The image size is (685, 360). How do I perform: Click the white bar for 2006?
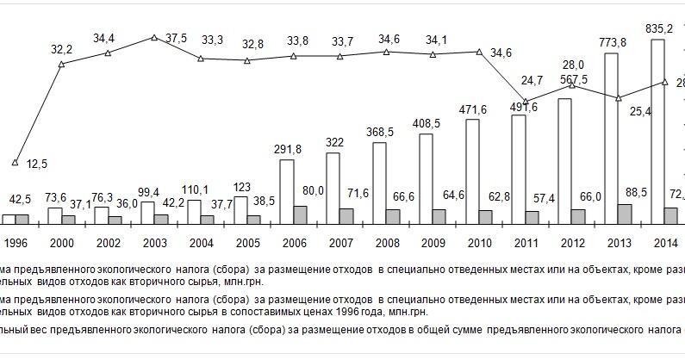[x=287, y=192]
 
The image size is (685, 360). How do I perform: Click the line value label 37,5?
[x=177, y=38]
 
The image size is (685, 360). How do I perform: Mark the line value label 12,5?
[x=35, y=164]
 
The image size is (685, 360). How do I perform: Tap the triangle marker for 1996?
[x=15, y=161]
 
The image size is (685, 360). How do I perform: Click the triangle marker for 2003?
[x=153, y=38]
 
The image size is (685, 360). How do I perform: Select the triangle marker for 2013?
[x=618, y=97]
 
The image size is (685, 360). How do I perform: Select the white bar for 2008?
[x=380, y=183]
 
